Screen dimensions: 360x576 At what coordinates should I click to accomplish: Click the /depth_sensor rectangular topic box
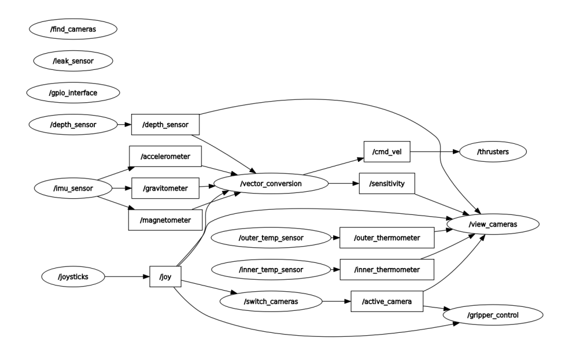click(x=165, y=124)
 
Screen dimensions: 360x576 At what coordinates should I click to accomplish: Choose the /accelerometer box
click(x=165, y=156)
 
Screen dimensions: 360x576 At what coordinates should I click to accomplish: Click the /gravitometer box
click(x=165, y=188)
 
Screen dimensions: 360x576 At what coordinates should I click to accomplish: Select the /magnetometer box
click(x=165, y=220)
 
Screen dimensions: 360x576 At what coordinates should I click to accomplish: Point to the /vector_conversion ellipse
click(x=271, y=183)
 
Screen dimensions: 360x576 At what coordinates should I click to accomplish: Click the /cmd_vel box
click(x=387, y=152)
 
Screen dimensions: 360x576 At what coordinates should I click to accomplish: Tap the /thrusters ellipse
click(x=493, y=152)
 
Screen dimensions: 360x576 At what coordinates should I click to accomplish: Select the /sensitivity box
click(x=387, y=183)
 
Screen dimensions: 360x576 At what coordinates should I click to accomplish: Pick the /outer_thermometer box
click(x=387, y=237)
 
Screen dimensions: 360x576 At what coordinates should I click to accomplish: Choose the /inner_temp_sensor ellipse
click(x=271, y=269)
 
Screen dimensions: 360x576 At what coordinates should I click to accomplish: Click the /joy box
click(x=165, y=277)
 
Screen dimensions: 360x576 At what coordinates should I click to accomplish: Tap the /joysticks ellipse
click(x=73, y=277)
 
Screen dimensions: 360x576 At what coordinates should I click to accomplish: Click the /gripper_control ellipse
click(x=493, y=316)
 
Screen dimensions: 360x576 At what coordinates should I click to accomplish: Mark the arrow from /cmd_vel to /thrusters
click(x=434, y=152)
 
